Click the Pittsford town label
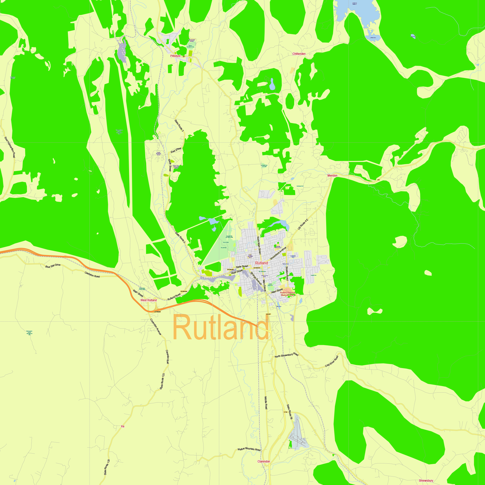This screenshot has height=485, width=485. [175, 56]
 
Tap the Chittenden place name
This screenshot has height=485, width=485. [299, 54]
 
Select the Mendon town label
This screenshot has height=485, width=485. [332, 176]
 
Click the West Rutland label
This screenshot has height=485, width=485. [148, 300]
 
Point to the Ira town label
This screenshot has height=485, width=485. [122, 426]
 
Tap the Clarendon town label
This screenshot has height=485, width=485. [264, 461]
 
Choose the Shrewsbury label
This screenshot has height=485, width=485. [426, 480]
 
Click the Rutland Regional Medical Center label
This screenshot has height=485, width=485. [287, 294]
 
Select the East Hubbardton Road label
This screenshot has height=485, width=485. [10, 147]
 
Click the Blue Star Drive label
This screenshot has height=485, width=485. [53, 266]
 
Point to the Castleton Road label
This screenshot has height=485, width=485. [92, 275]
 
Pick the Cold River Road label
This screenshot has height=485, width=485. [331, 362]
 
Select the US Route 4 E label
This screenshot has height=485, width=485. [303, 224]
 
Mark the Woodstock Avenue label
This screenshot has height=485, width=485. [278, 253]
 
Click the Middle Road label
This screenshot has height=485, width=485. [266, 403]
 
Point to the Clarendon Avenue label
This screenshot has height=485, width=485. [155, 327]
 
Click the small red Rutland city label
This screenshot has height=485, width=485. [261, 263]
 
